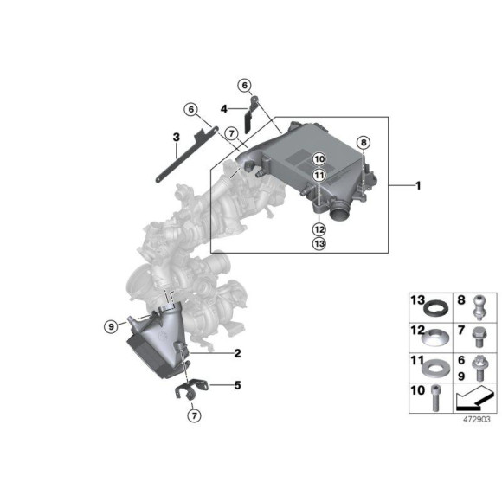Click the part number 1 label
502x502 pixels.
418,185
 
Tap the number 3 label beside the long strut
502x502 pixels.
176,137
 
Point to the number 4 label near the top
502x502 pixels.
223,109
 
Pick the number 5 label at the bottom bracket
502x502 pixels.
237,384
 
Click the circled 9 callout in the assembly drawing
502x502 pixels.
111,326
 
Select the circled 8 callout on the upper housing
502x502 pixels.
364,142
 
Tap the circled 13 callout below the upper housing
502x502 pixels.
319,245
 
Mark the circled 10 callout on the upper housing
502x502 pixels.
319,159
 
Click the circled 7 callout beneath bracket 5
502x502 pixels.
194,416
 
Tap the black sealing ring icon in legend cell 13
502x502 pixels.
440,306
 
